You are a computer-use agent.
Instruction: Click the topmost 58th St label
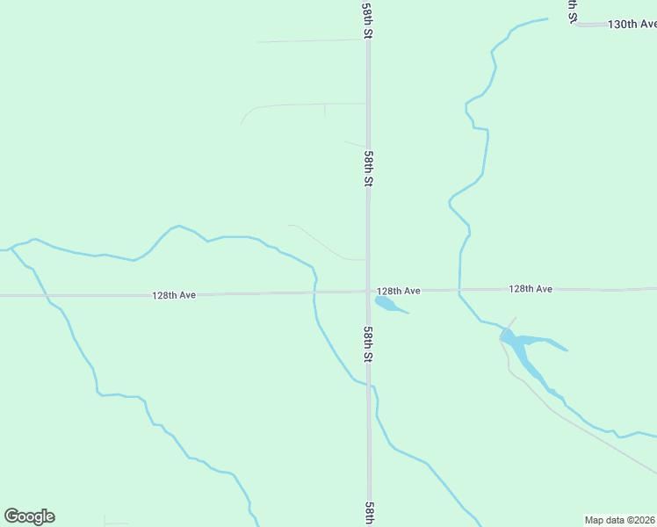pyautogui.click(x=367, y=19)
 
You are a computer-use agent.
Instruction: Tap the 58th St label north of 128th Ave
pyautogui.click(x=369, y=168)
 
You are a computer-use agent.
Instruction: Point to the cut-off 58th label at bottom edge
pyautogui.click(x=370, y=514)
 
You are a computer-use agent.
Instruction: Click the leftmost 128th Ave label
pyautogui.click(x=173, y=295)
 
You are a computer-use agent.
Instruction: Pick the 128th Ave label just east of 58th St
pyautogui.click(x=399, y=291)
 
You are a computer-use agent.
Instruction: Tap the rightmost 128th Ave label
pyautogui.click(x=530, y=288)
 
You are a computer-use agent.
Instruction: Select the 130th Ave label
pyautogui.click(x=632, y=24)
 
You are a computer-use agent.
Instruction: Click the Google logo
pyautogui.click(x=29, y=516)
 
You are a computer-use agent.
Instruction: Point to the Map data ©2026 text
pyautogui.click(x=619, y=520)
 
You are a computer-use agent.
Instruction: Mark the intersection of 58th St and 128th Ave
pyautogui.click(x=368, y=291)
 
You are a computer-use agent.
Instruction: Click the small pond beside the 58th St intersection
pyautogui.click(x=387, y=305)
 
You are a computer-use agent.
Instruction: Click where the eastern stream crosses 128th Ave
pyautogui.click(x=459, y=289)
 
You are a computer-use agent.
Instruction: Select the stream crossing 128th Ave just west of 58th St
pyautogui.click(x=314, y=292)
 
